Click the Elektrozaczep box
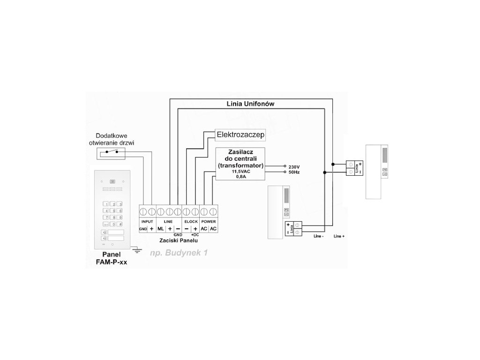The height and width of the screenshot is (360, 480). click(240, 135)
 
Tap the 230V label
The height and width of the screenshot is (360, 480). click(294, 166)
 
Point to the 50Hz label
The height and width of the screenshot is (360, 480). click(294, 172)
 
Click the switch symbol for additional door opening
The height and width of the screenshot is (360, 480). click(111, 151)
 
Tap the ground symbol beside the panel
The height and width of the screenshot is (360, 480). click(137, 250)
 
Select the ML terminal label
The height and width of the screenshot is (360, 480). click(160, 228)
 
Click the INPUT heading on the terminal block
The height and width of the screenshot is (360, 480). click(147, 220)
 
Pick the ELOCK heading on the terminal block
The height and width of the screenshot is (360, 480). click(191, 220)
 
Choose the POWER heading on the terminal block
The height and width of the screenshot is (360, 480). click(209, 220)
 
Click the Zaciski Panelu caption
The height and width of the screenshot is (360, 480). click(178, 240)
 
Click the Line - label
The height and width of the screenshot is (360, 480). click(319, 236)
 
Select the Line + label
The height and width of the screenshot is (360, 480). click(339, 236)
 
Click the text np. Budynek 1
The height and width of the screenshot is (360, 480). click(178, 253)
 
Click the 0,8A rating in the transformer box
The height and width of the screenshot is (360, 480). click(240, 177)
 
